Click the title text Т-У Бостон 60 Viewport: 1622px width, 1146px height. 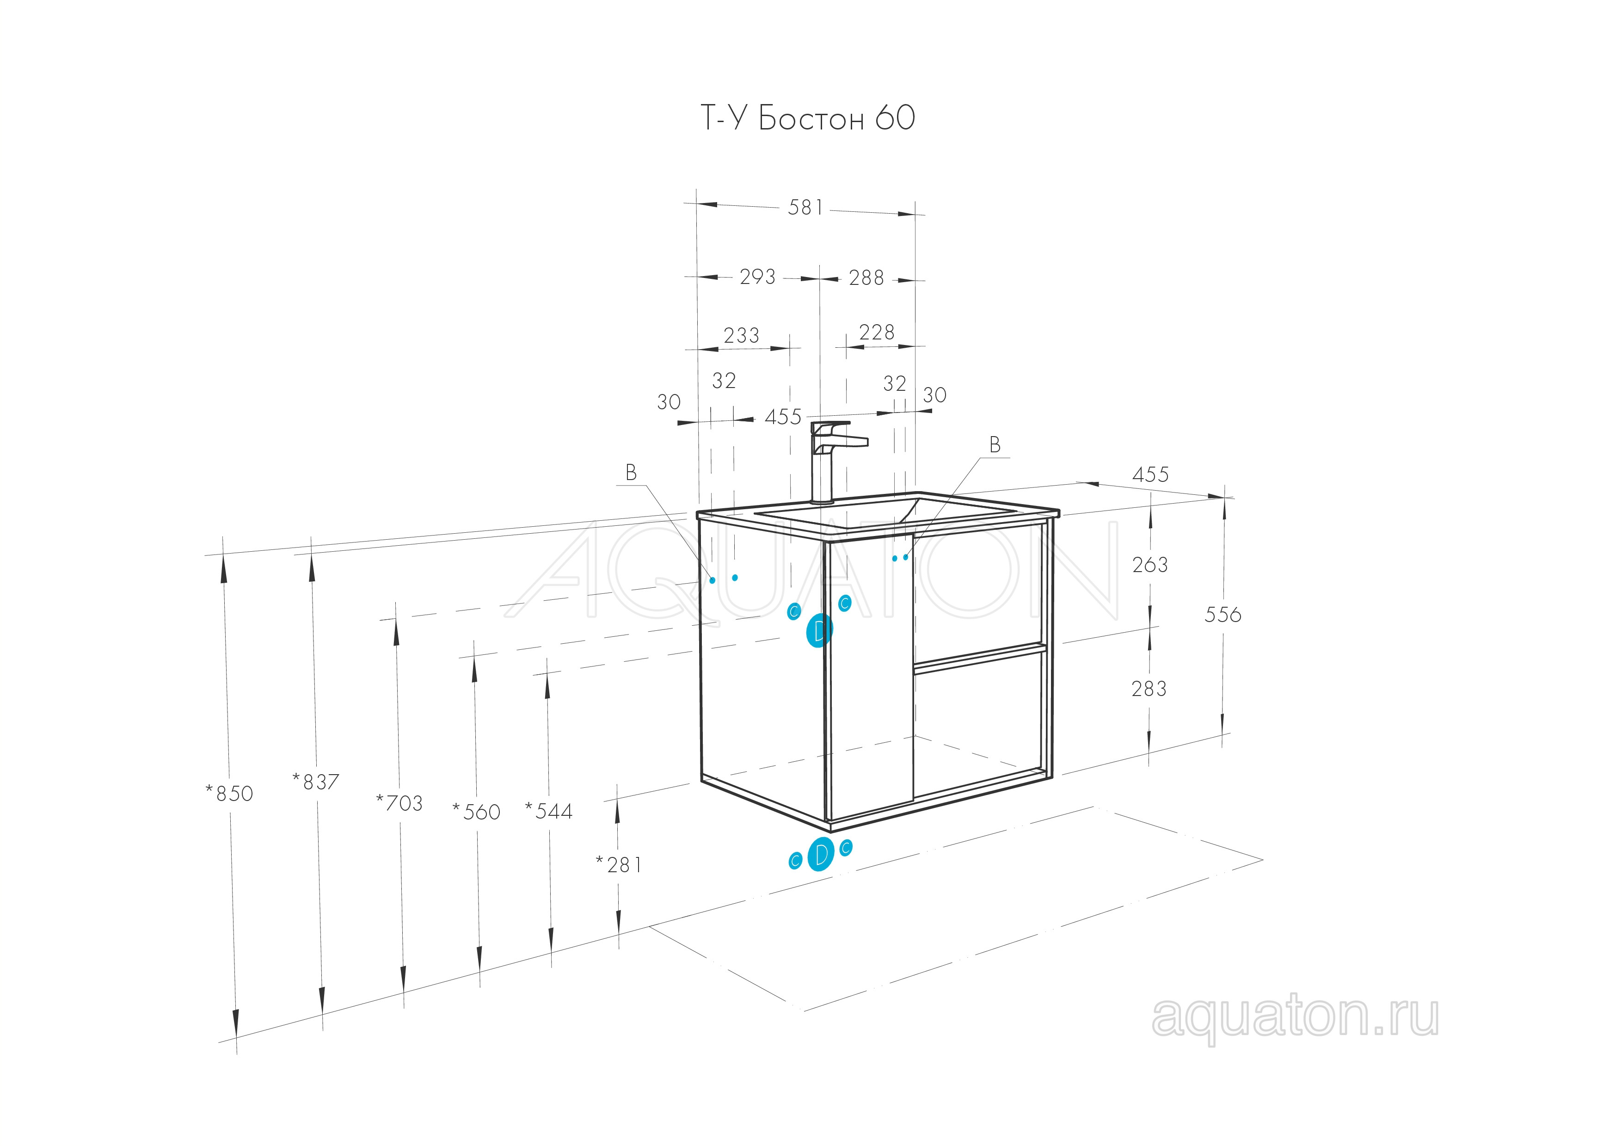click(x=807, y=117)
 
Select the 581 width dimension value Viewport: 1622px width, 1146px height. click(x=805, y=207)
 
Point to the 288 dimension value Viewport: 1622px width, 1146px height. click(x=866, y=277)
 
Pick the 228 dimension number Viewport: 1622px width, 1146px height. click(x=877, y=332)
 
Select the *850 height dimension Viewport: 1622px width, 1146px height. click(x=229, y=794)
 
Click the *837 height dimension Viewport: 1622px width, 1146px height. click(x=316, y=782)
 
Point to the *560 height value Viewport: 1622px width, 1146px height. click(x=476, y=812)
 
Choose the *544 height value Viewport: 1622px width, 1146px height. click(x=549, y=811)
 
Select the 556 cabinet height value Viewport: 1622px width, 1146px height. click(x=1223, y=615)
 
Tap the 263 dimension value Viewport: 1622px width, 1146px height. click(x=1150, y=565)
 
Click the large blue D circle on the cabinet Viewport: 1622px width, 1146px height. click(x=819, y=630)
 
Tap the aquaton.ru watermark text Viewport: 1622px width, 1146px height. click(x=1295, y=1018)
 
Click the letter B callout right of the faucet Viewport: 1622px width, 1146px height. click(x=995, y=444)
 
